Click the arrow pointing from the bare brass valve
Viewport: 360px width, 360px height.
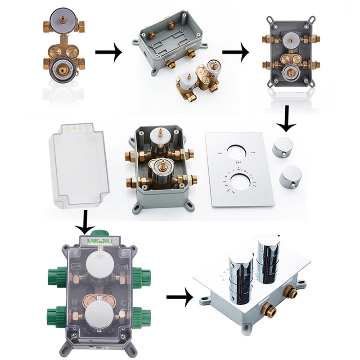pyautogui.click(x=108, y=53)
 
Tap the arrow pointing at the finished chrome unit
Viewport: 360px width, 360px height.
pyautogui.click(x=180, y=297)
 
